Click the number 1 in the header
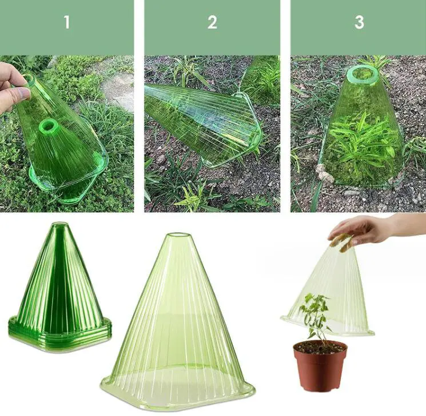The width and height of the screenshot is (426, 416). (67, 23)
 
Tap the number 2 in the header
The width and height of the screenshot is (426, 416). (212, 23)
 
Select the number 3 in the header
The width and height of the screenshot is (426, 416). (359, 23)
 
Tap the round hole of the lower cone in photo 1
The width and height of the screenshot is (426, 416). (47, 125)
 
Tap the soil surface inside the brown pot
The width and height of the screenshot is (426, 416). (320, 347)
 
